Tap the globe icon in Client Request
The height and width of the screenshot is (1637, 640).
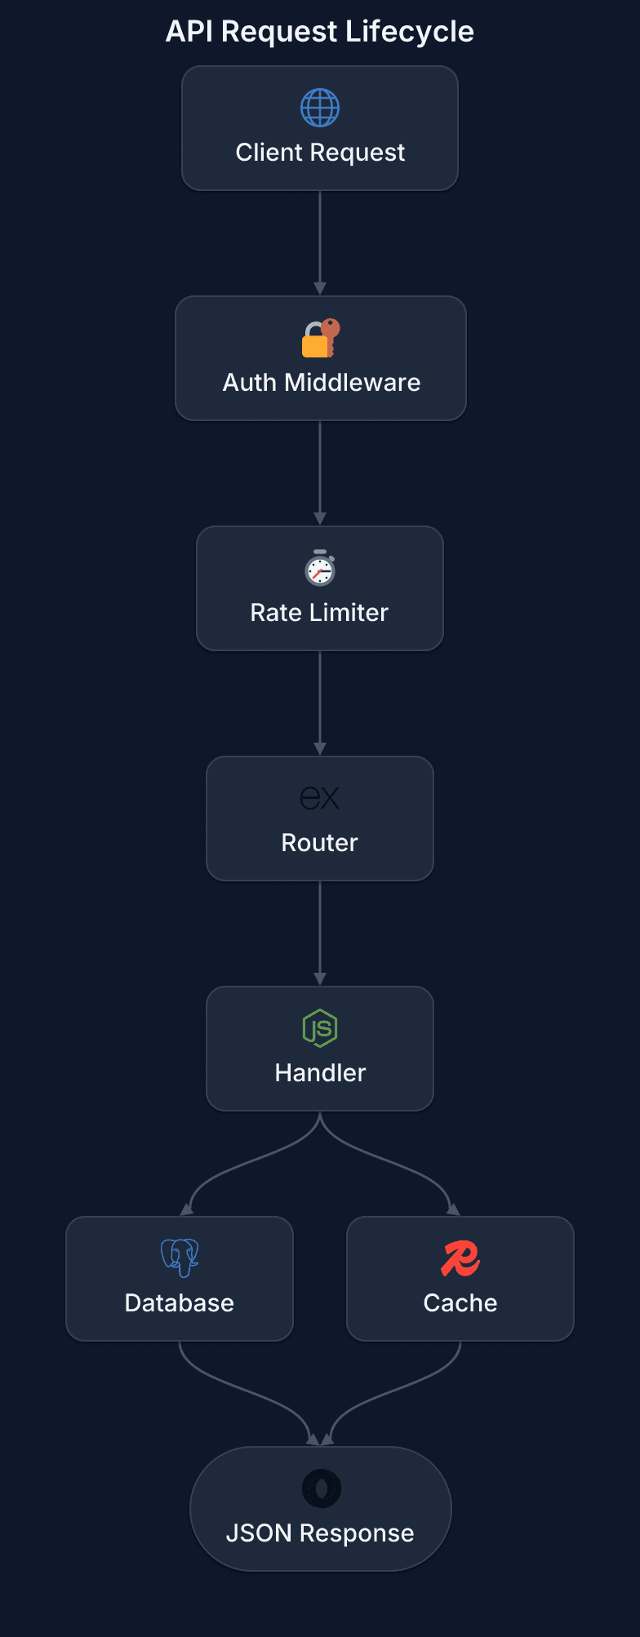pyautogui.click(x=320, y=108)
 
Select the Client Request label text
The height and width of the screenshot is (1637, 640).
pyautogui.click(x=320, y=153)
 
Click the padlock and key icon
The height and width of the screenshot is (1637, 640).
pyautogui.click(x=320, y=338)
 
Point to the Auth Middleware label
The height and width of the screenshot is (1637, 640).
pyautogui.click(x=322, y=383)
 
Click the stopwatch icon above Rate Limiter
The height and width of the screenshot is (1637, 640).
pyautogui.click(x=320, y=568)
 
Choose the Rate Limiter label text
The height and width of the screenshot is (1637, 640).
pyautogui.click(x=319, y=613)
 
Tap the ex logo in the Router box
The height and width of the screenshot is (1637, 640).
pyautogui.click(x=320, y=798)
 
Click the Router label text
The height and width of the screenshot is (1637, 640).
pyautogui.click(x=319, y=843)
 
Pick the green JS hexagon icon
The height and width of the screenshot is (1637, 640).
pyautogui.click(x=320, y=1028)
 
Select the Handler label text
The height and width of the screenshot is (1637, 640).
pyautogui.click(x=320, y=1073)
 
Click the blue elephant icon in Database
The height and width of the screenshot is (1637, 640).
pyautogui.click(x=180, y=1258)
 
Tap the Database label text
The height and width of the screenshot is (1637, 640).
pyautogui.click(x=180, y=1303)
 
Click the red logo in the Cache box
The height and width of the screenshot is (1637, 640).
pyautogui.click(x=460, y=1258)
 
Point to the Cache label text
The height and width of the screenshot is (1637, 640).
pyautogui.click(x=460, y=1303)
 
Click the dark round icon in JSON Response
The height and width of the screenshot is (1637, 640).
pyautogui.click(x=321, y=1488)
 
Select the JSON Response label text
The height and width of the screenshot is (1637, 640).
pyautogui.click(x=320, y=1533)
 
